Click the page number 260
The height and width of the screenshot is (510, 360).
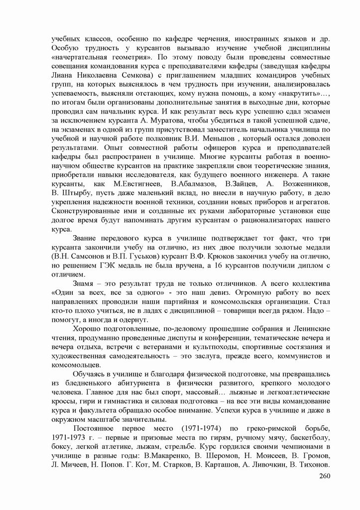coord(324,476)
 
